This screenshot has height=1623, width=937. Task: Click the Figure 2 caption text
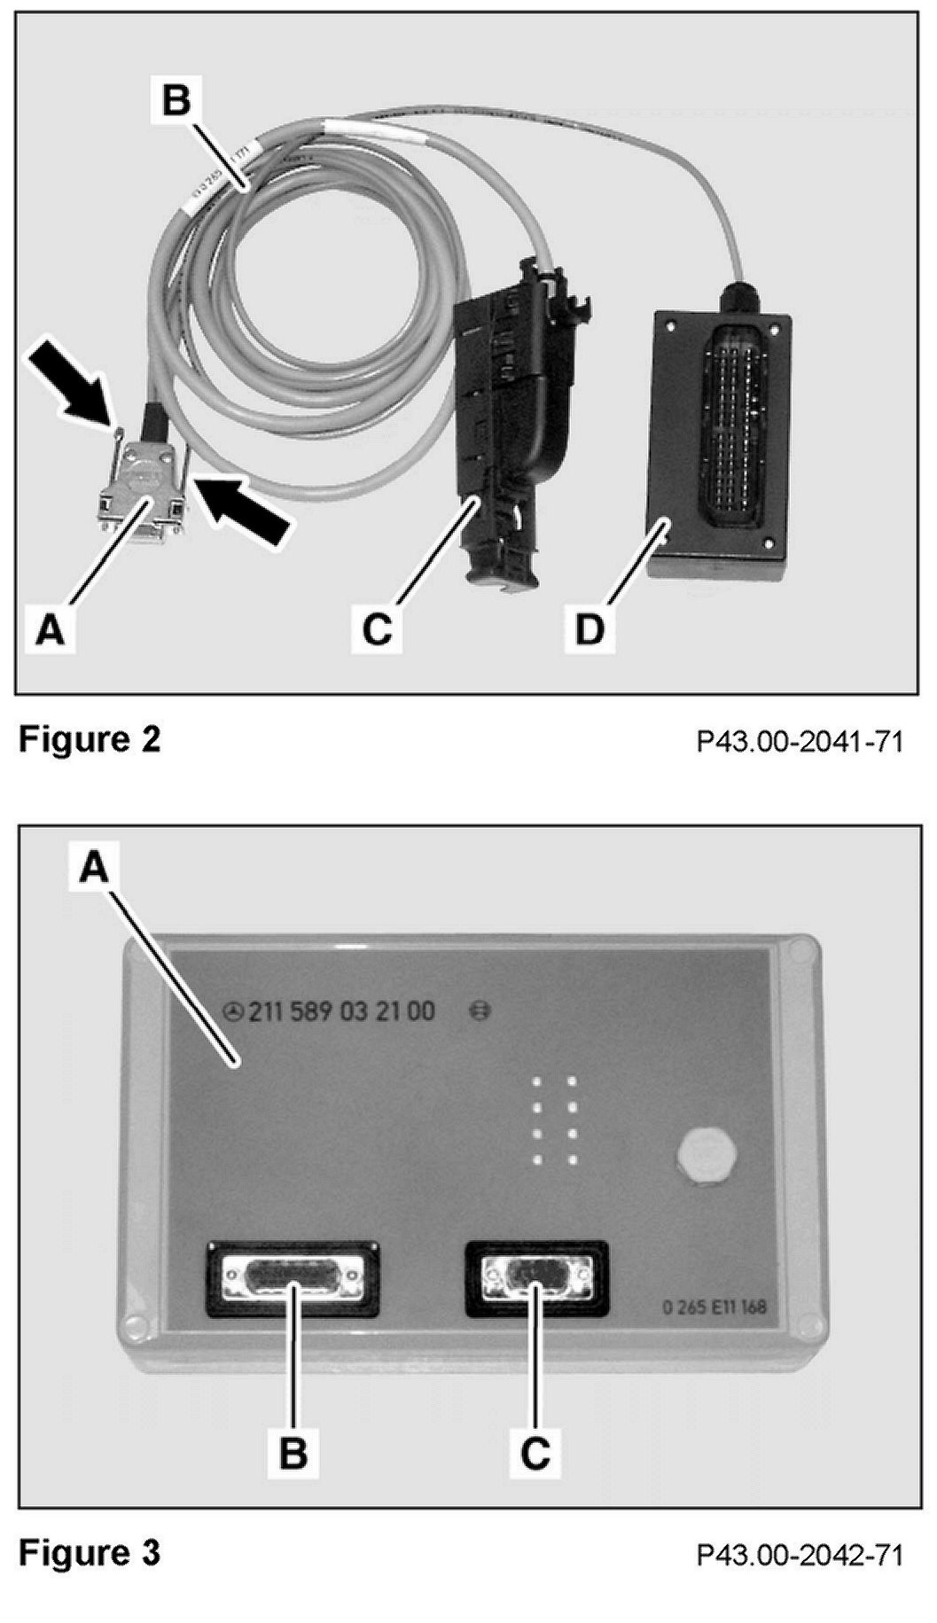click(x=90, y=738)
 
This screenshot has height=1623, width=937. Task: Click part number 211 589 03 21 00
click(x=341, y=1011)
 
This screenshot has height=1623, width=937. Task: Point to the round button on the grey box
click(x=701, y=1159)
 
